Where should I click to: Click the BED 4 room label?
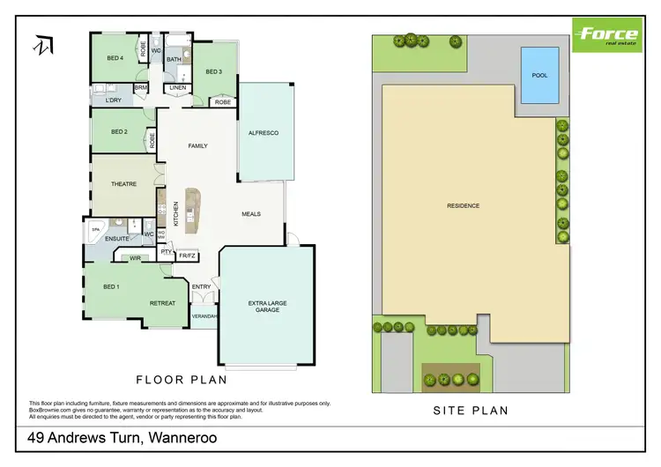point(115,59)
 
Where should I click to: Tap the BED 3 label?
point(214,71)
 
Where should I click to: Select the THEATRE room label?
point(123,184)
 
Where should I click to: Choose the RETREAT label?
point(162,302)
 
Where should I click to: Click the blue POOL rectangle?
point(538,76)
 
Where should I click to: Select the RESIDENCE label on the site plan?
point(463,205)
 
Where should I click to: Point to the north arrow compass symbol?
point(41,45)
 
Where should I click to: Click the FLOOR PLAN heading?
point(181,381)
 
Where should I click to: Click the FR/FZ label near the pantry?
point(187,256)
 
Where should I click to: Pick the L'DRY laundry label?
point(113,100)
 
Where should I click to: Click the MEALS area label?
point(252,213)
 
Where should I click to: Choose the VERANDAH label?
point(204,315)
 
